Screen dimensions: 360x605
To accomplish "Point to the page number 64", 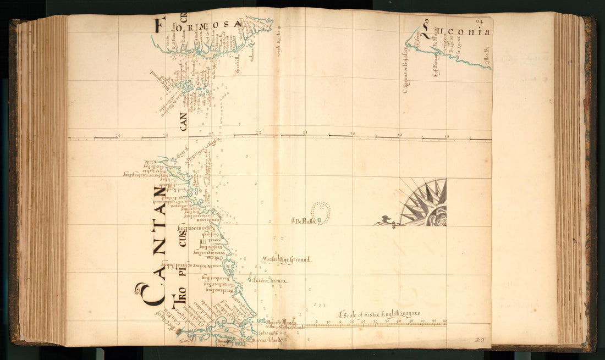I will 480,21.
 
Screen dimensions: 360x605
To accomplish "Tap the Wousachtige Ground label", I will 287,259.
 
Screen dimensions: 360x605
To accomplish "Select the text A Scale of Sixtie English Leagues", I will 379,314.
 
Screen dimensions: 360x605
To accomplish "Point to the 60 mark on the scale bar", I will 444,321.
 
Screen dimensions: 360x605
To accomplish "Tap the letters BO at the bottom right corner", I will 479,340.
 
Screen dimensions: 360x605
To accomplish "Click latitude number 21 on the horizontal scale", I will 305,134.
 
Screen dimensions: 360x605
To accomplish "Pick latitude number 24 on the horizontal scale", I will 166,135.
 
